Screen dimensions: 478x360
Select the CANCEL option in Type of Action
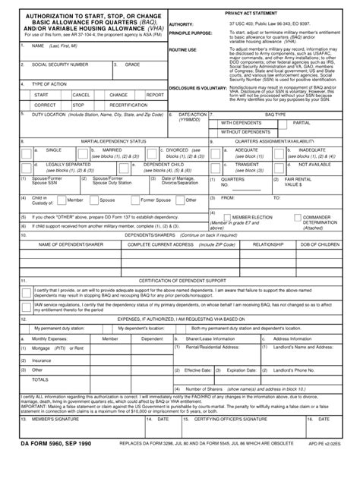point(81,95)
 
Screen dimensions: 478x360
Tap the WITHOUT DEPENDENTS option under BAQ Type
point(246,131)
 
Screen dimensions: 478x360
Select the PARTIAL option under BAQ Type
point(302,121)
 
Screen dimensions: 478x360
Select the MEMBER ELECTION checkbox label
point(251,217)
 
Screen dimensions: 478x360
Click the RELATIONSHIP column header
point(267,245)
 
